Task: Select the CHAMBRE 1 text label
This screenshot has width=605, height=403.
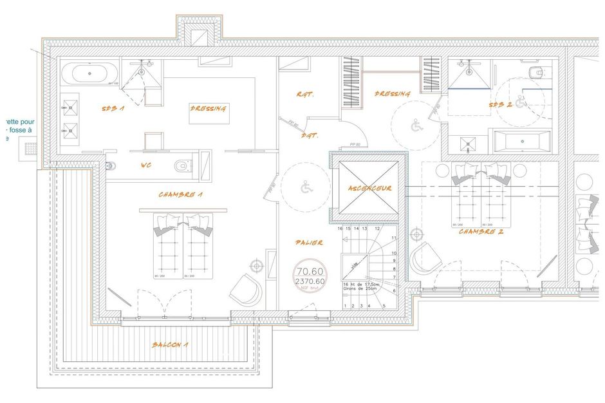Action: [x=181, y=194]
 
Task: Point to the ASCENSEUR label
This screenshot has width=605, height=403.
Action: [x=366, y=189]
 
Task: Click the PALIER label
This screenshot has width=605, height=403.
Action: [x=309, y=243]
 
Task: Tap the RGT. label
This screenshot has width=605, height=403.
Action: [x=304, y=94]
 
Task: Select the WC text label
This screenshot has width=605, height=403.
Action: [x=146, y=165]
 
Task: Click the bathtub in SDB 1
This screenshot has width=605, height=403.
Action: [x=89, y=73]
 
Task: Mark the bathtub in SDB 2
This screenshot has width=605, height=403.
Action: [x=521, y=140]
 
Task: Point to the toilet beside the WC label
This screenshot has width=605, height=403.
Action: [x=183, y=166]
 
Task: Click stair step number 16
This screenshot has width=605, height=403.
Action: [x=340, y=229]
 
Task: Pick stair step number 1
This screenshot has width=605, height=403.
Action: [x=346, y=306]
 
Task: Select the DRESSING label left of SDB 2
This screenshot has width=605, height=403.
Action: [x=392, y=94]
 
